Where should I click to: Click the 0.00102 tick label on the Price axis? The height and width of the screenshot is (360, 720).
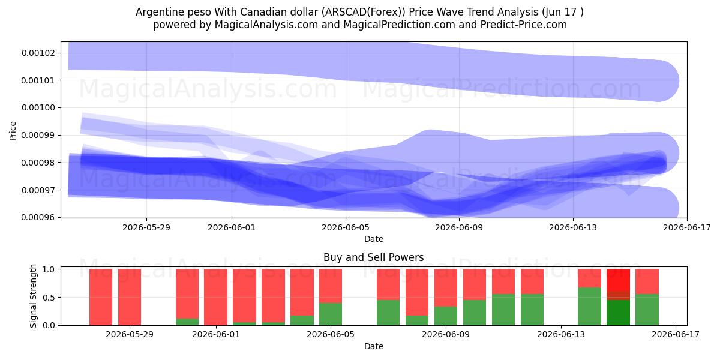point(38,53)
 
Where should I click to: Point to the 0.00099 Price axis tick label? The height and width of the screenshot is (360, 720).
point(38,135)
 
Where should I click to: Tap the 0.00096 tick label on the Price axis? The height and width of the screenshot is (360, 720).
point(38,218)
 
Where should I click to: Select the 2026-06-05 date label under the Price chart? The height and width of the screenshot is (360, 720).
point(346,227)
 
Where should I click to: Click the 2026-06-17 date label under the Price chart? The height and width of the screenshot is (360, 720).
point(687,227)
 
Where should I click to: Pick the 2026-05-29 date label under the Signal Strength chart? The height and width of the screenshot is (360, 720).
point(130,335)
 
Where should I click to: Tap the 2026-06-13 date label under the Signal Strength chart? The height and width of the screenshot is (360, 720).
point(561,335)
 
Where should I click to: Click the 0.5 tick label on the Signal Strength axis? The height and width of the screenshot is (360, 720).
point(49,298)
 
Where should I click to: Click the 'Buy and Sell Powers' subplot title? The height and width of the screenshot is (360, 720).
point(373,257)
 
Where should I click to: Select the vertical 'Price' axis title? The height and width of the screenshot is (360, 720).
point(13,131)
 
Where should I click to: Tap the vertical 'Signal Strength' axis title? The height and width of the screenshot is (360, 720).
point(33,296)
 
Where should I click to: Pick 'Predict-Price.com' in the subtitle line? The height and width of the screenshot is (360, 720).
point(524,25)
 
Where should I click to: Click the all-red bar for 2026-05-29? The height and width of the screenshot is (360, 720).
point(130,297)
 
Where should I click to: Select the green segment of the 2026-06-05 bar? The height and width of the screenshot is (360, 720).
point(331,314)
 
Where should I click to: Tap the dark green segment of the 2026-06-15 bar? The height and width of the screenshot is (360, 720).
point(618,313)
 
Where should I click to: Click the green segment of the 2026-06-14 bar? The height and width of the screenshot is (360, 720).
point(589,307)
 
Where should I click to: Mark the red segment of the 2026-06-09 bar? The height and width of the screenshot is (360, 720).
point(445,287)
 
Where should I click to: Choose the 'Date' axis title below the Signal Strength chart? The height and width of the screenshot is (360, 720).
point(373,346)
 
